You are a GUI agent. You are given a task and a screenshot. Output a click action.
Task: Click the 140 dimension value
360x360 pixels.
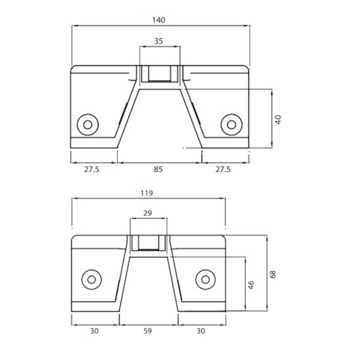pyautogui.click(x=158, y=20)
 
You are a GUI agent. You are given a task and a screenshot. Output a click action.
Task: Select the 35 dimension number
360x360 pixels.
pyautogui.click(x=158, y=41)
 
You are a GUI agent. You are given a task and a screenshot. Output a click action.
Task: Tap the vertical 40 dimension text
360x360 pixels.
pyautogui.click(x=278, y=119)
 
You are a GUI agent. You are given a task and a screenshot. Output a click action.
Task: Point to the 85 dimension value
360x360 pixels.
pyautogui.click(x=158, y=170)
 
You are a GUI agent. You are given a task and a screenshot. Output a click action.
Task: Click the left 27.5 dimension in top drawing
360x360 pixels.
pyautogui.click(x=92, y=170)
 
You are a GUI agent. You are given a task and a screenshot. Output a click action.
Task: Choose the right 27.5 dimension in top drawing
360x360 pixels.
pyautogui.click(x=223, y=170)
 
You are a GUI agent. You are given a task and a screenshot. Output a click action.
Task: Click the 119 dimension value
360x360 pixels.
pyautogui.click(x=146, y=193)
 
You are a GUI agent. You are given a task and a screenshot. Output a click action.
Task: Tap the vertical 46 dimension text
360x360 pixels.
pyautogui.click(x=251, y=284)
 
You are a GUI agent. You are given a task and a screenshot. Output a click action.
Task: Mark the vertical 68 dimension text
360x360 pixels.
pyautogui.click(x=273, y=274)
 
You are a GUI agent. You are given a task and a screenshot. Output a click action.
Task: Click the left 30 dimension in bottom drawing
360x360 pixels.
pyautogui.click(x=94, y=330)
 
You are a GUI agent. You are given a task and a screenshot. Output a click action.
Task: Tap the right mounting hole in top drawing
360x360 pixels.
pyautogui.click(x=230, y=124)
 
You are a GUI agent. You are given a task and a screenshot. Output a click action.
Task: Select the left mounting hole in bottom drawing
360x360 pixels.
pyautogui.click(x=92, y=278)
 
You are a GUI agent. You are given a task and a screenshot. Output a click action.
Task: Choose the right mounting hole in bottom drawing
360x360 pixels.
pyautogui.click(x=205, y=278)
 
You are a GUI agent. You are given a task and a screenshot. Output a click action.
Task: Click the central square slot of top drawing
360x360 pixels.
pyautogui.click(x=159, y=73)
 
